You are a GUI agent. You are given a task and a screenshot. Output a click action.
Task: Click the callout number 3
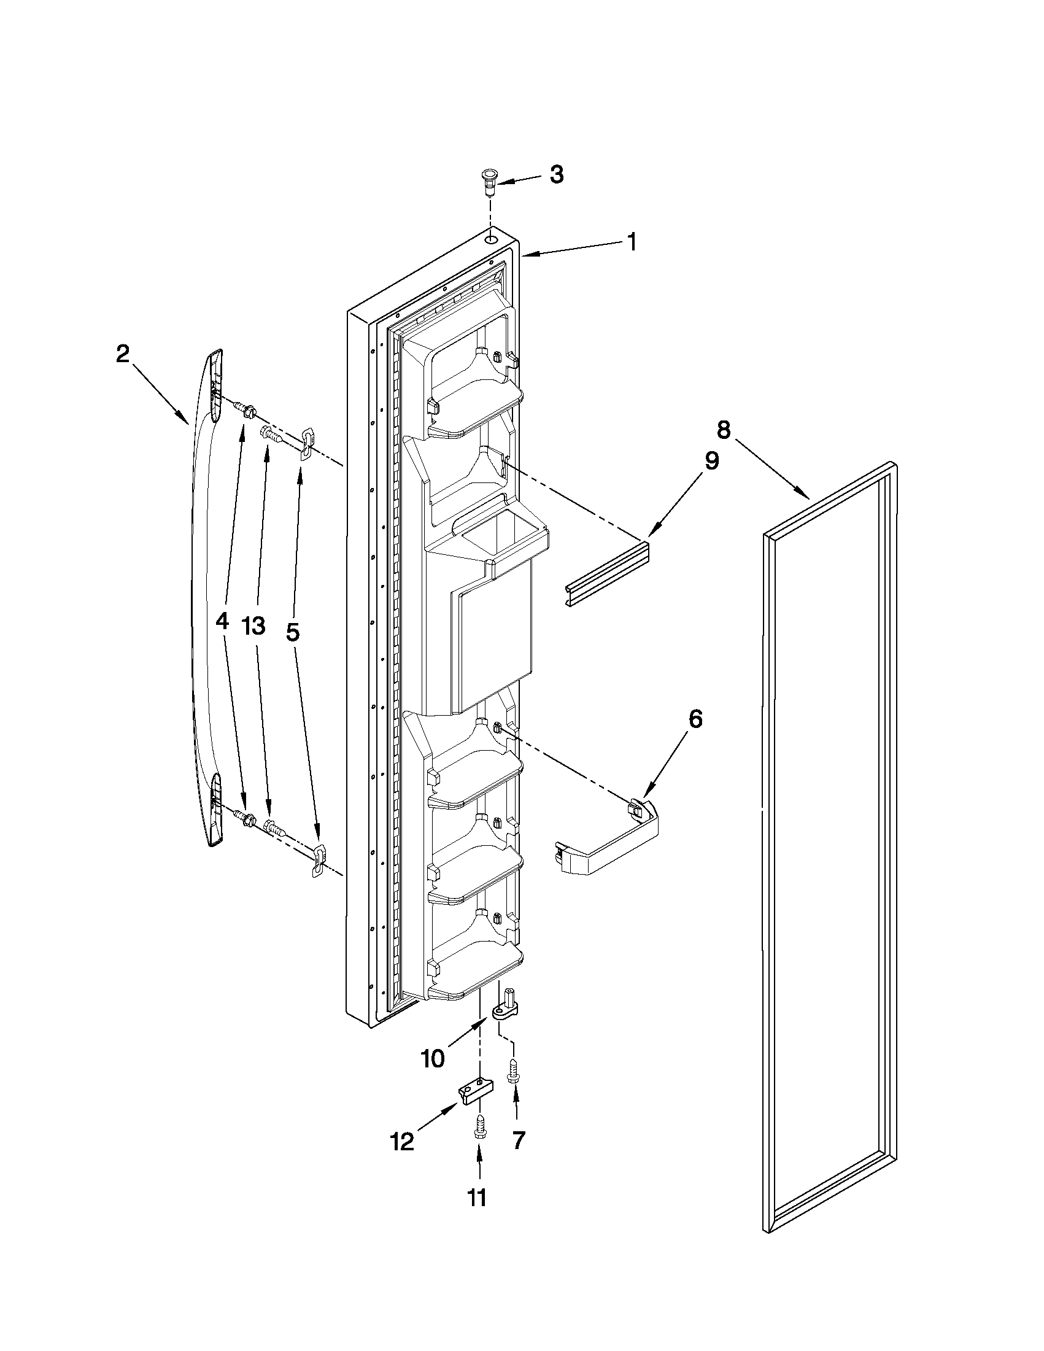click(556, 175)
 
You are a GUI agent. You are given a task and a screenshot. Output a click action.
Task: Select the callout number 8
click(723, 428)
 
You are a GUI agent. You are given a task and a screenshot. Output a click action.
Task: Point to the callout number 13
click(253, 625)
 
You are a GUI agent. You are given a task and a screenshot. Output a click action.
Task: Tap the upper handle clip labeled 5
click(307, 444)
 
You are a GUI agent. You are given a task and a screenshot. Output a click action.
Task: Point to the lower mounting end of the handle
click(214, 809)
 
